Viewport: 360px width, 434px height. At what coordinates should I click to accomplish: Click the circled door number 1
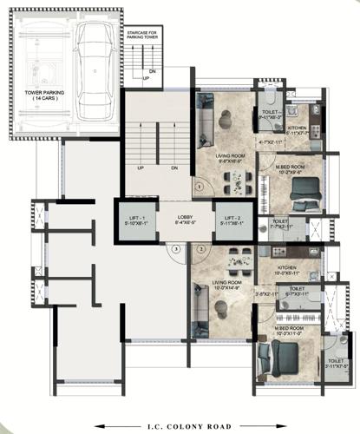(200, 186)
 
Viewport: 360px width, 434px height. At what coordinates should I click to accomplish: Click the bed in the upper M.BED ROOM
(299, 185)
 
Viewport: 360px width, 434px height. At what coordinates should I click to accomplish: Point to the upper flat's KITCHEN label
(298, 128)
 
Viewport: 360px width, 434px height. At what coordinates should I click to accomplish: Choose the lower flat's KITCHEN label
(288, 267)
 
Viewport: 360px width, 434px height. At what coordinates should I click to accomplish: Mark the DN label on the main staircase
(174, 168)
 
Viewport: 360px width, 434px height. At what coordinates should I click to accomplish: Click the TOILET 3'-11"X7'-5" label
(334, 364)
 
